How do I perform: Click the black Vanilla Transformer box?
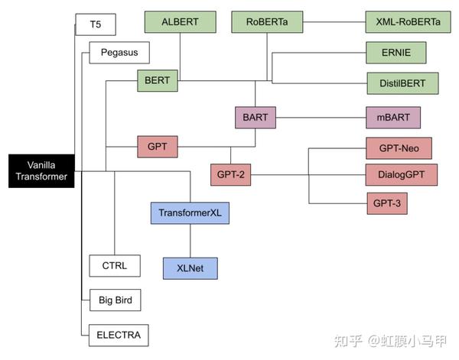tap(41, 170)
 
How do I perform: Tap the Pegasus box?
tap(119, 53)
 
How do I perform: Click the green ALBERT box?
tap(178, 21)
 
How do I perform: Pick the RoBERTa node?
tap(267, 21)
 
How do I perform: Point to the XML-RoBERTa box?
tap(403, 21)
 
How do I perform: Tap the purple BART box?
tap(256, 118)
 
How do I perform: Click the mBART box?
tap(393, 118)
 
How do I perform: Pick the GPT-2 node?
tap(230, 174)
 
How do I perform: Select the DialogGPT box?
tap(400, 174)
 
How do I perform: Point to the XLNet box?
tap(190, 268)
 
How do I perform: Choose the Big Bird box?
tap(115, 300)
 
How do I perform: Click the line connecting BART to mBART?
tap(321, 118)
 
